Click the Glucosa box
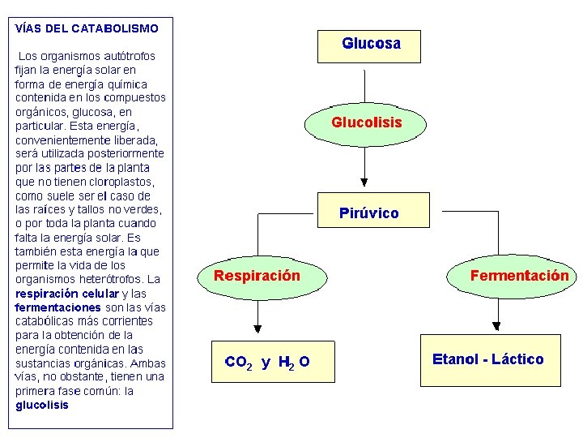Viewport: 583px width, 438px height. (371, 45)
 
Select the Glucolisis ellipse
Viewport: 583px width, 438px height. (366, 123)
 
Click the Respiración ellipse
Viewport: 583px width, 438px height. (257, 277)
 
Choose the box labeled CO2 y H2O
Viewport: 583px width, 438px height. (266, 361)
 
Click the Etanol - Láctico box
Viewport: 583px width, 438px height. (488, 359)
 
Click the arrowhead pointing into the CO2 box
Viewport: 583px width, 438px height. (257, 328)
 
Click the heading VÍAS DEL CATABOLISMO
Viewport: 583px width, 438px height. (87, 28)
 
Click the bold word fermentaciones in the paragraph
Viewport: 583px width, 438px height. (57, 307)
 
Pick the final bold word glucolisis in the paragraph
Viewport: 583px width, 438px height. (42, 405)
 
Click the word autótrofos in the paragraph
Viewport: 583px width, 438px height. (129, 56)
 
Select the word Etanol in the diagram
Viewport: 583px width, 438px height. (453, 359)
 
